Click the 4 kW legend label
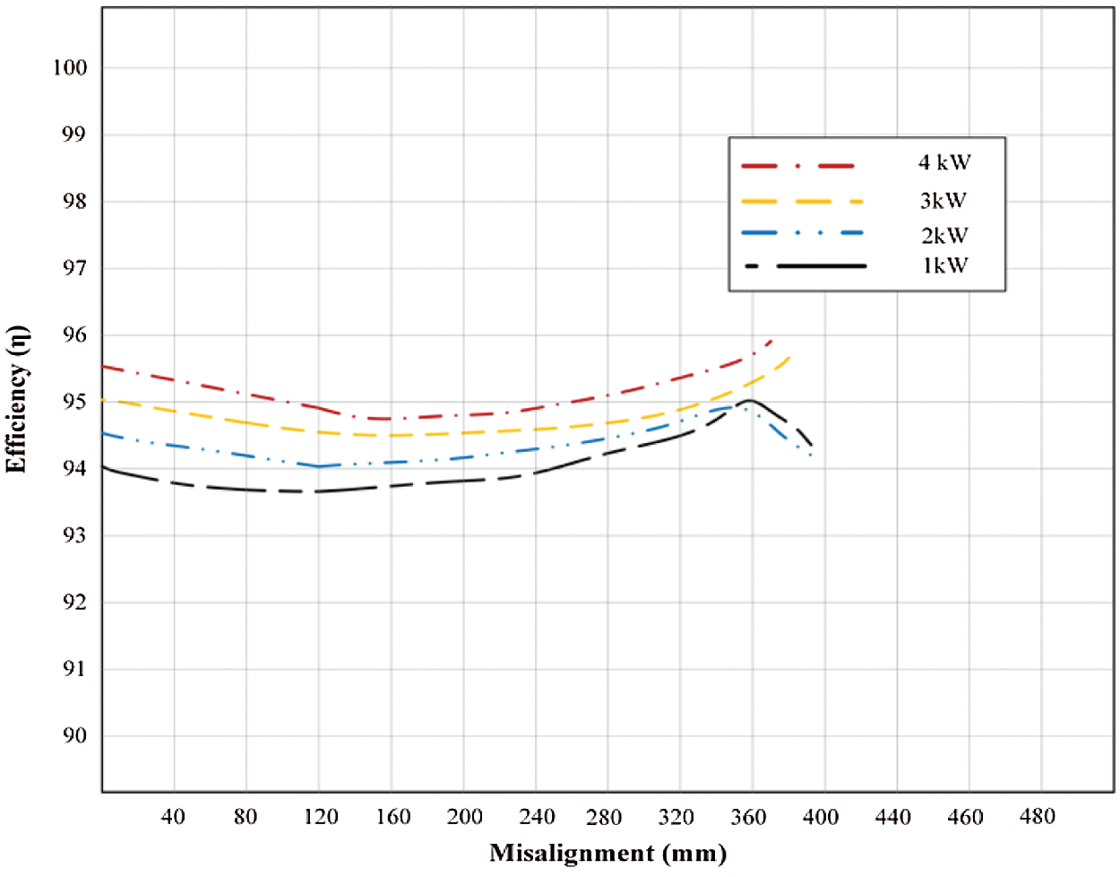tap(944, 163)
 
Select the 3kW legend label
tap(944, 201)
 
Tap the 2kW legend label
tap(944, 236)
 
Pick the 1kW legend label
tap(944, 265)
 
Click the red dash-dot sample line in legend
tap(798, 166)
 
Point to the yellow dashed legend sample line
tap(801, 202)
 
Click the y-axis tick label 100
tap(70, 68)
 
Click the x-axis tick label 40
tap(173, 817)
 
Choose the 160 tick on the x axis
tap(392, 817)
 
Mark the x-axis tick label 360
tap(749, 817)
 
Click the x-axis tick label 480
tap(1038, 817)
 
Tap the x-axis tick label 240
tap(536, 817)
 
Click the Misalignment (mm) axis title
tap(607, 853)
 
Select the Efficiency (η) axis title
tap(18, 399)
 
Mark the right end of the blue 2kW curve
tap(811, 456)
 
